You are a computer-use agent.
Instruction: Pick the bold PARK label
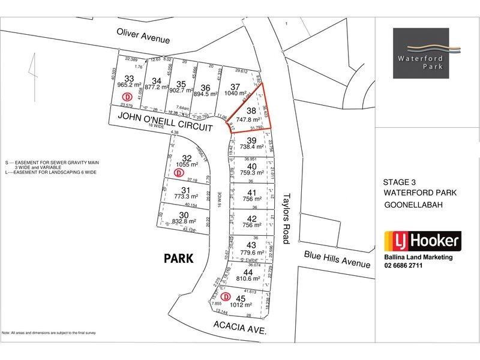tap(179, 259)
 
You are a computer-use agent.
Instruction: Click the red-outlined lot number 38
tap(251, 111)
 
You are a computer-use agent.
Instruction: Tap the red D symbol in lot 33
tap(127, 97)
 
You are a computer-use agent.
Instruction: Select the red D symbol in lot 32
tap(179, 172)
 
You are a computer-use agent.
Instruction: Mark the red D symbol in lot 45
tap(226, 296)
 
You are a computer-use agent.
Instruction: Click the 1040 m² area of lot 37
tap(235, 94)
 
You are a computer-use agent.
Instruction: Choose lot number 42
tap(252, 218)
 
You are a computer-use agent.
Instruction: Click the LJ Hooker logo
tap(422, 242)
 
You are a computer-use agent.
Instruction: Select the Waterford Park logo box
tap(428, 53)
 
